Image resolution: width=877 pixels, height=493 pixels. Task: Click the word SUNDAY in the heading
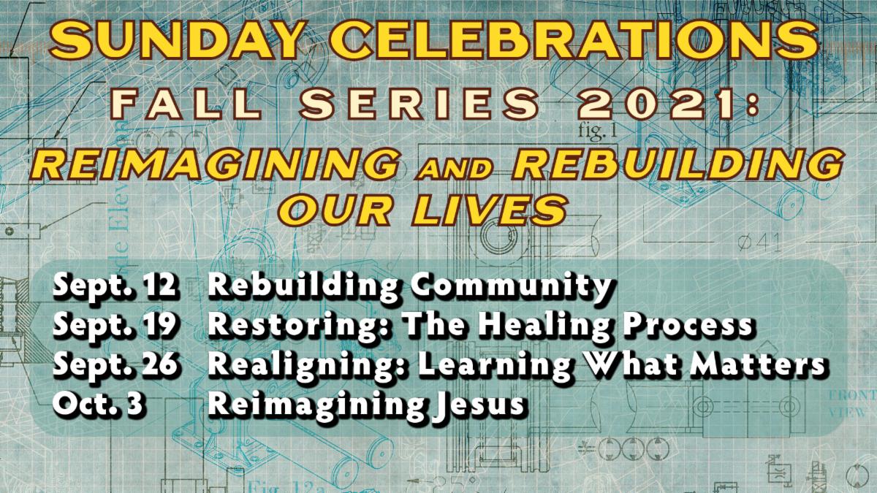coord(177,39)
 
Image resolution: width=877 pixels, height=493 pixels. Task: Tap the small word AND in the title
coord(454,169)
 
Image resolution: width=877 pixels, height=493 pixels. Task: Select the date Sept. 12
coord(115,286)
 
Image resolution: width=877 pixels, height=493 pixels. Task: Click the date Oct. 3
coord(98,404)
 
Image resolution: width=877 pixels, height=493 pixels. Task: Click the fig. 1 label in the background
coord(598,131)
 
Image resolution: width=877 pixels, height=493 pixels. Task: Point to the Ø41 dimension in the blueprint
coord(759,242)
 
